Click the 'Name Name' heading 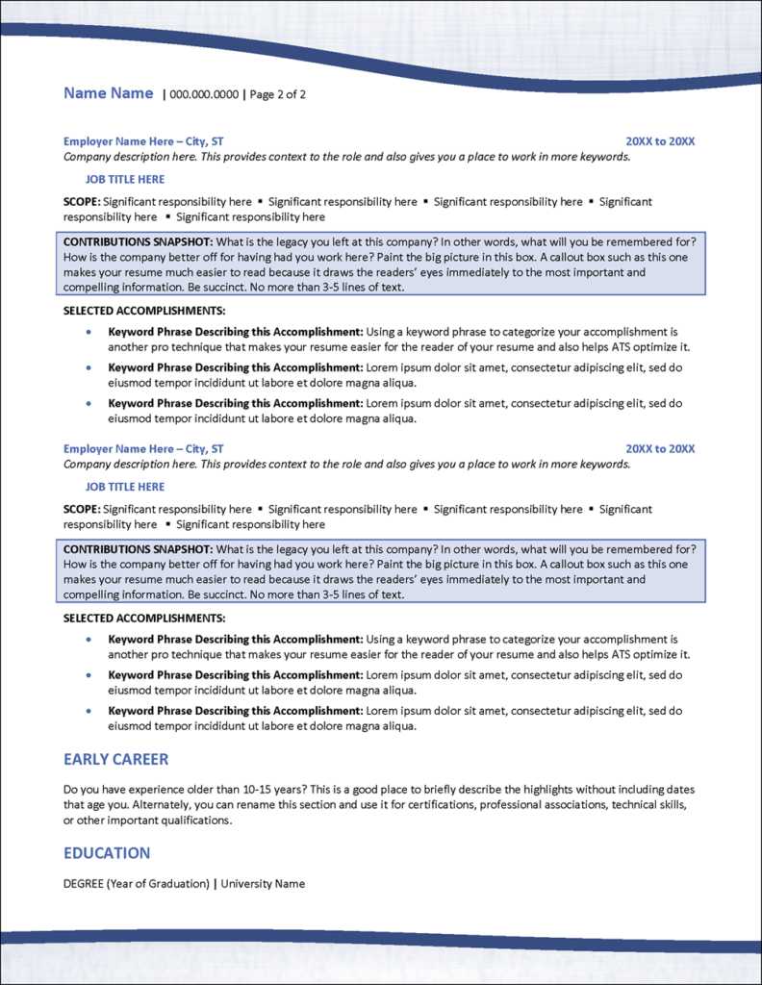coord(108,93)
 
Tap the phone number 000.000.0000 coord(204,94)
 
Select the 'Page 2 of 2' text coord(277,94)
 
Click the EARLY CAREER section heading coord(115,759)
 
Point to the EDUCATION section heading coord(107,852)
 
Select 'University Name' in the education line coord(263,883)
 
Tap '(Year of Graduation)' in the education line coord(158,883)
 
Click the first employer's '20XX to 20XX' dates coord(660,141)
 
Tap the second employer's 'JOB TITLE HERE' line coord(125,487)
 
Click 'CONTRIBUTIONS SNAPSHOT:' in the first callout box coord(133,240)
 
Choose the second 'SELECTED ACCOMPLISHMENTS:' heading coord(144,618)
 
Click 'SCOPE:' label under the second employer coord(82,509)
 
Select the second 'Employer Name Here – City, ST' coord(143,449)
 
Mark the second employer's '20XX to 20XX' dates coord(660,449)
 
